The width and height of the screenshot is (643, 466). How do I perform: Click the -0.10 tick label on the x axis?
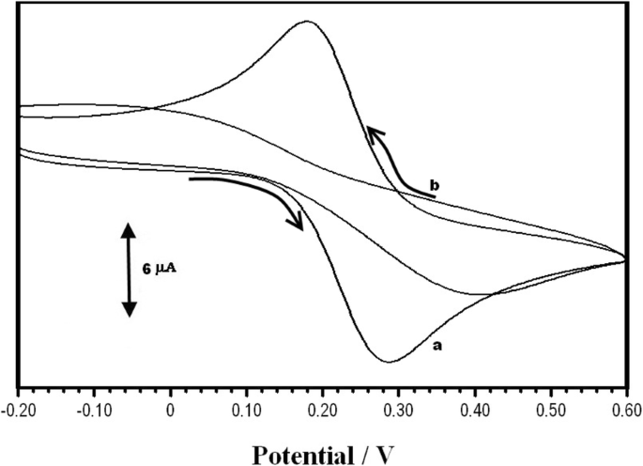[x=92, y=409]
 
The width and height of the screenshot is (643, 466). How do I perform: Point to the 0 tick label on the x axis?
[x=170, y=409]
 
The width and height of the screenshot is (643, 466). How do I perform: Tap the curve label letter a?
[x=436, y=346]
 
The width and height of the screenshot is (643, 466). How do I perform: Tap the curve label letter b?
[x=434, y=186]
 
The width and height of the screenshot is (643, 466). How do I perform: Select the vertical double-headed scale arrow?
[x=130, y=269]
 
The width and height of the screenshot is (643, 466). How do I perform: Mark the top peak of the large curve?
[x=307, y=21]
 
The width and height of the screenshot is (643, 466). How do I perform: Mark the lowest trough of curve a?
[x=388, y=362]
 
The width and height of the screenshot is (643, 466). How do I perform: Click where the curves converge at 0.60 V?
[x=624, y=259]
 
